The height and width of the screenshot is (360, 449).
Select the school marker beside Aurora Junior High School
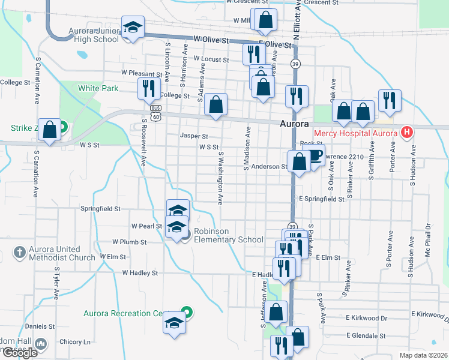[133, 28]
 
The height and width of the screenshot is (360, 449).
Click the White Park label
[98, 88]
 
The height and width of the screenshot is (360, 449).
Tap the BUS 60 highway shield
[156, 112]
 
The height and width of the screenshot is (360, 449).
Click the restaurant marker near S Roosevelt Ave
[148, 89]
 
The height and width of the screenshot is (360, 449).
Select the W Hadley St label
[140, 272]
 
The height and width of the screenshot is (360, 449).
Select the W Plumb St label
[130, 242]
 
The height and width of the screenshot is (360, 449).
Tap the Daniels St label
[40, 326]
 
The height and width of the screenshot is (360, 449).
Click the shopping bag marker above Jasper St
[216, 104]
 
